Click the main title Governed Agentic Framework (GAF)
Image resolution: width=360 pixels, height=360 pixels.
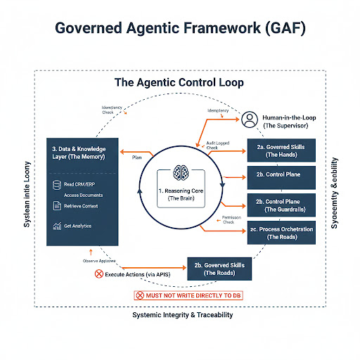[x=179, y=30]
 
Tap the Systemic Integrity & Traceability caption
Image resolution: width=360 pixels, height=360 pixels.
[x=180, y=314]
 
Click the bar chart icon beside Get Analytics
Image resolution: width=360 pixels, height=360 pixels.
[x=58, y=226]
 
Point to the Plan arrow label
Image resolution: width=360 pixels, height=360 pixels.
[x=138, y=159]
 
